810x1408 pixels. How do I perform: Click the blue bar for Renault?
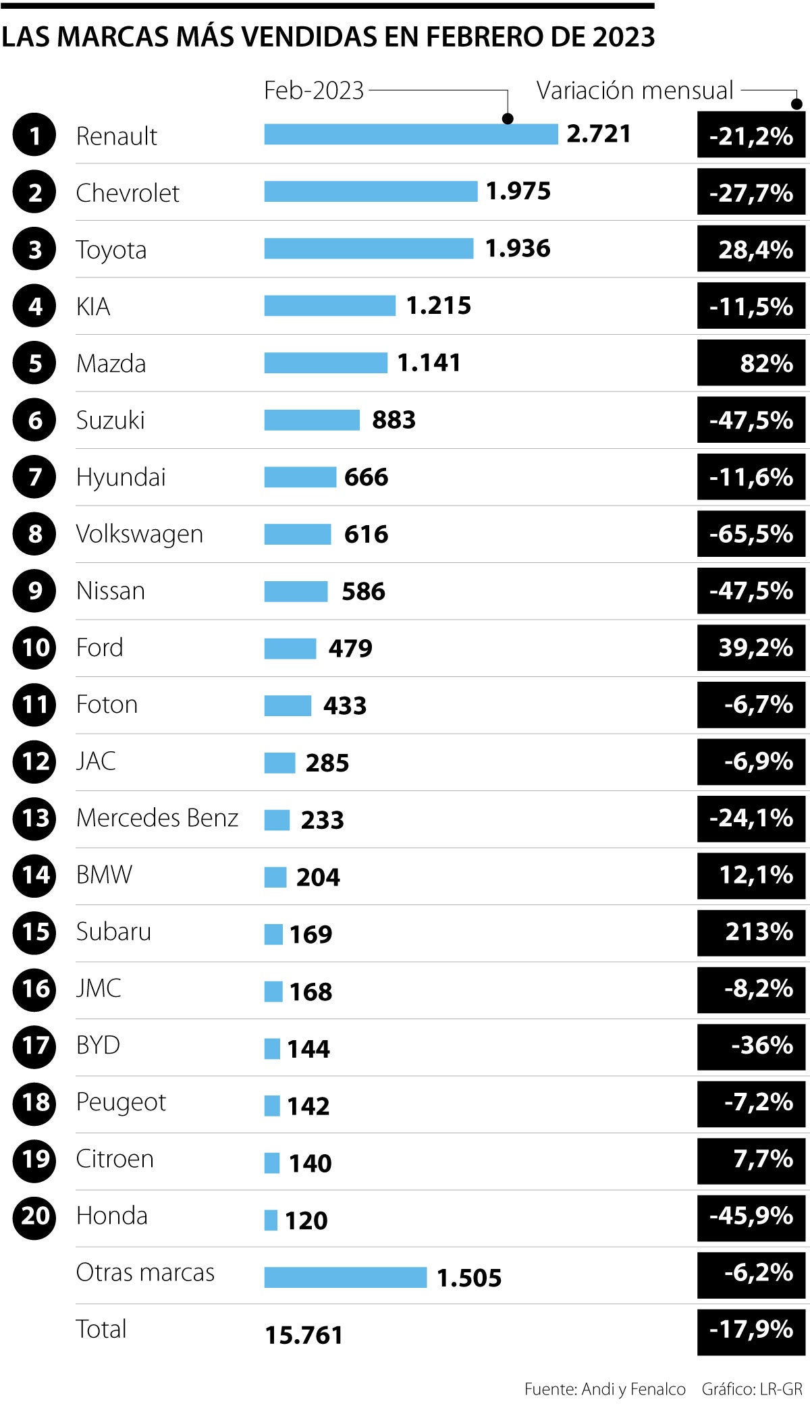[410, 134]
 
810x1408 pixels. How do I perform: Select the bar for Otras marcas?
[345, 1277]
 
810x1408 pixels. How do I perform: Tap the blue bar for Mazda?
[325, 362]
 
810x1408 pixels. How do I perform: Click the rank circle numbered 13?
[34, 818]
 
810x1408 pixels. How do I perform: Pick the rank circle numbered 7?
[34, 477]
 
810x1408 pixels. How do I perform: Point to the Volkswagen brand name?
[139, 534]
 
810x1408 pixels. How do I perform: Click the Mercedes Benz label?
[157, 818]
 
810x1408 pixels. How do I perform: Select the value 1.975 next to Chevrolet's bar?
[518, 192]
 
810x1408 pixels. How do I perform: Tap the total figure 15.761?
[304, 1335]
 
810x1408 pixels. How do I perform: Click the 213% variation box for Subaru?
[751, 932]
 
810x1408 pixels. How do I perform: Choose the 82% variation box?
[751, 363]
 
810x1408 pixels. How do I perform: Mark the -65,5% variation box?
[751, 534]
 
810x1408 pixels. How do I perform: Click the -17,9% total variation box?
[751, 1330]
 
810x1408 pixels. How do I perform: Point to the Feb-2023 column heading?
[314, 90]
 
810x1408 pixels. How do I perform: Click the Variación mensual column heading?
[634, 90]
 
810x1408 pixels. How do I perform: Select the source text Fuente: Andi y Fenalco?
[605, 1389]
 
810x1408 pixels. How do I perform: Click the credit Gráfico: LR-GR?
[752, 1389]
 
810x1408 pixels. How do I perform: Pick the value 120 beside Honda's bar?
[306, 1220]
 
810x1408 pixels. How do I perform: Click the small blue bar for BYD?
[271, 1048]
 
